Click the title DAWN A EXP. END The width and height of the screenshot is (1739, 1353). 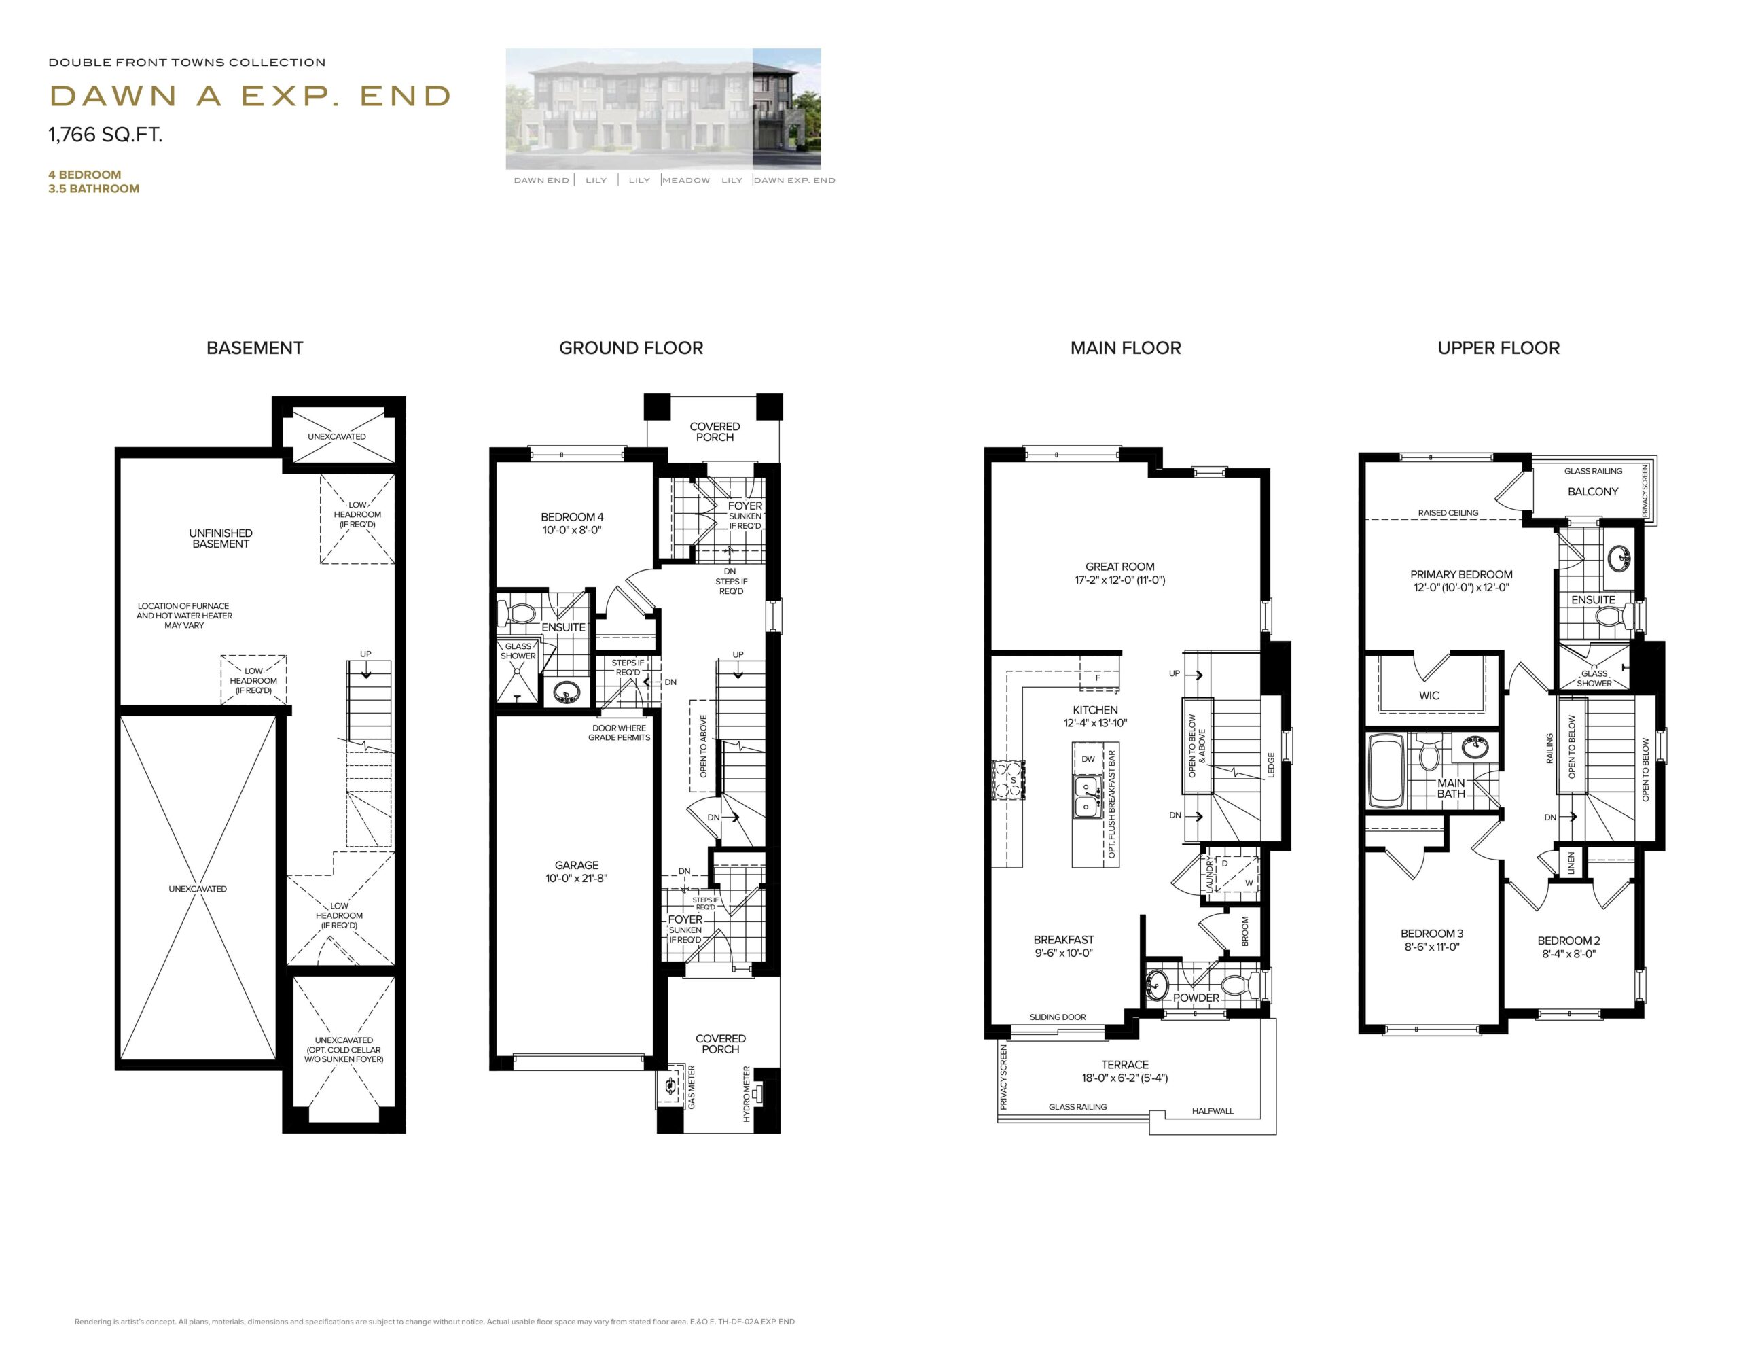coord(250,96)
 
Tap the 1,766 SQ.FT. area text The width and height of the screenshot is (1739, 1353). coord(105,135)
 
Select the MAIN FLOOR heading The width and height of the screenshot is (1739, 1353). coord(1125,348)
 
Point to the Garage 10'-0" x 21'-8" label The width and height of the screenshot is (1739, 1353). coord(577,871)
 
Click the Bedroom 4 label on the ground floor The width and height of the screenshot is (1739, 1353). coord(572,523)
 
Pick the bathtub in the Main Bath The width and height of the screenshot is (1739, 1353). coord(1387,770)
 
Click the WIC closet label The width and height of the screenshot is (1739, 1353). coord(1429,695)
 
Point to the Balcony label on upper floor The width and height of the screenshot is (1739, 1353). coord(1592,491)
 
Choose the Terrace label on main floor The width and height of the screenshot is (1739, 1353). coord(1124,1070)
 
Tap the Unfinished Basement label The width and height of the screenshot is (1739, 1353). coord(221,538)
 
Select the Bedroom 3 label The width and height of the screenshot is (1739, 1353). coord(1432,940)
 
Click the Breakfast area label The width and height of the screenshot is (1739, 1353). coord(1063,946)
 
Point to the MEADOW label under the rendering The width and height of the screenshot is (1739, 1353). coord(685,181)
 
